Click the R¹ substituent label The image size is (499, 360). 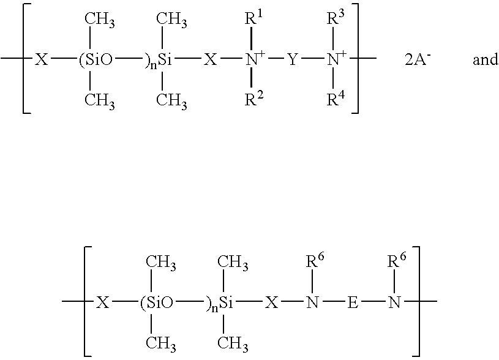click(254, 18)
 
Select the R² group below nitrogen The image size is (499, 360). click(254, 99)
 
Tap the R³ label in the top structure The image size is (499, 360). click(336, 18)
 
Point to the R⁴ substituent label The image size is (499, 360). click(336, 99)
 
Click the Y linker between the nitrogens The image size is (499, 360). click(293, 59)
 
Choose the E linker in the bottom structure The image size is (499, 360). click(353, 302)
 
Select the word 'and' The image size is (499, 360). click(486, 59)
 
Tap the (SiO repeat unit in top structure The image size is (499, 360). click(96, 59)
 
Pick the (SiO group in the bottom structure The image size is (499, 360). click(157, 302)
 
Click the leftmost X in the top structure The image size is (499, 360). click(42, 59)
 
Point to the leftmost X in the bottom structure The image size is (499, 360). click(102, 302)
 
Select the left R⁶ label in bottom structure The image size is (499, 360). click(315, 261)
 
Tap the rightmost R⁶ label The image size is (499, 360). click(397, 261)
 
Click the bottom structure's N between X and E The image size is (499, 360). click(312, 302)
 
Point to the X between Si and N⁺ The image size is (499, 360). click(211, 59)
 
